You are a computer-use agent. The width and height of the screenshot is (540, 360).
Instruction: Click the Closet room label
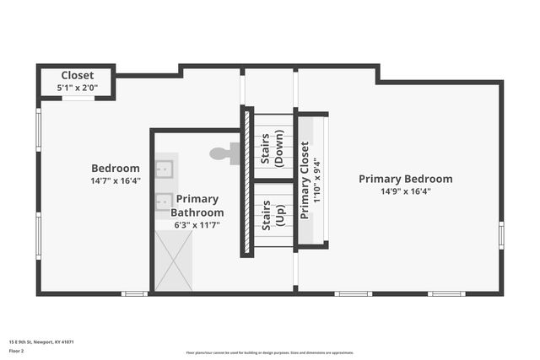[x=77, y=75]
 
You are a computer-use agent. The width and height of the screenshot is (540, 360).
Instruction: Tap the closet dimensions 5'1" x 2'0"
[x=77, y=88]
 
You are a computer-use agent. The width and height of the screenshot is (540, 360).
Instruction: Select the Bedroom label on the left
[x=116, y=168]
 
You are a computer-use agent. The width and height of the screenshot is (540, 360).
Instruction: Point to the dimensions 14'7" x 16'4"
[x=116, y=180]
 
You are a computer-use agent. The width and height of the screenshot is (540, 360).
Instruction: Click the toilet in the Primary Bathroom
[x=224, y=153]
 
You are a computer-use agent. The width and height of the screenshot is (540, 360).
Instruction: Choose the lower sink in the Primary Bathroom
[x=164, y=201]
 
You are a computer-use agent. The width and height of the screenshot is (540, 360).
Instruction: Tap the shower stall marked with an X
[x=173, y=261]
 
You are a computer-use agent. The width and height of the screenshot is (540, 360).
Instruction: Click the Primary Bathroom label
[x=197, y=206]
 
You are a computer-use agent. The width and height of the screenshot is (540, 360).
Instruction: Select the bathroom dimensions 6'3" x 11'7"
[x=197, y=225]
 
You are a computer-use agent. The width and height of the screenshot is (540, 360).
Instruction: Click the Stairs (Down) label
[x=271, y=148]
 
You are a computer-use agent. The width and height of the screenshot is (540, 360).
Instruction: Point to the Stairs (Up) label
[x=271, y=216]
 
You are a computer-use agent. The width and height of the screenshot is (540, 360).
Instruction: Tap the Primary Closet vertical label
[x=305, y=180]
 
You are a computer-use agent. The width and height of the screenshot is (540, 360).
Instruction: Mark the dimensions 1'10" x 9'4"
[x=316, y=180]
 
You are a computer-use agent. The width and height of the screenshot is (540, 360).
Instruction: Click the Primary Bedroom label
[x=405, y=179]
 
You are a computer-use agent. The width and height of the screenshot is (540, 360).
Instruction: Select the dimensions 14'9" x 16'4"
[x=405, y=191]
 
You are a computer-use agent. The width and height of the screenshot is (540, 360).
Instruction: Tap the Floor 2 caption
[x=16, y=350]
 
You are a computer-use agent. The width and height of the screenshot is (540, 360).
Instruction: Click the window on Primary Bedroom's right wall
[x=501, y=234]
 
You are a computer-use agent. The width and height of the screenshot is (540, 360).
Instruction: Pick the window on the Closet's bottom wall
[x=78, y=99]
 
